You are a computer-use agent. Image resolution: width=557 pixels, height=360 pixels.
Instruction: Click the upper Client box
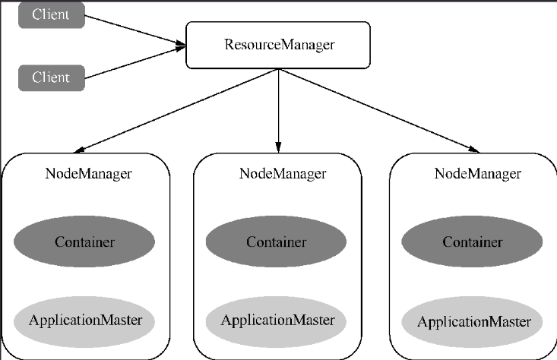(52, 15)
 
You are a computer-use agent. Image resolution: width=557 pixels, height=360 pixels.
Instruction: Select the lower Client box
(52, 77)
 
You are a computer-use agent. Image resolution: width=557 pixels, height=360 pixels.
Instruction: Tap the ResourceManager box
(278, 45)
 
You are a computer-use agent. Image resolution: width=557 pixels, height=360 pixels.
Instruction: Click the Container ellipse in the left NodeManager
(84, 242)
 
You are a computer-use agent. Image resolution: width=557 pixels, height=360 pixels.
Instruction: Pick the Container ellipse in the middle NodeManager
(276, 242)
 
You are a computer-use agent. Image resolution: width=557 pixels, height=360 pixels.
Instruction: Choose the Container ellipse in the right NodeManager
(472, 242)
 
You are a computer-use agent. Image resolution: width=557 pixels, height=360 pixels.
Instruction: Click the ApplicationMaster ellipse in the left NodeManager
(84, 321)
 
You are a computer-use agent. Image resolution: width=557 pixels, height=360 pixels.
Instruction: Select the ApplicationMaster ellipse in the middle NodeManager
(276, 321)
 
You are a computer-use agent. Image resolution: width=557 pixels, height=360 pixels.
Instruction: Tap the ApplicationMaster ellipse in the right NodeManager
(472, 321)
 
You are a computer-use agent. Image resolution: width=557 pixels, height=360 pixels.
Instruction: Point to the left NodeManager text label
(88, 174)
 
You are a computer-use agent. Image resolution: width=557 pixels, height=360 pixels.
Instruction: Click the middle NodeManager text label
(283, 174)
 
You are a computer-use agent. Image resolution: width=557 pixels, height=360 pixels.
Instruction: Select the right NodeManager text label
(478, 174)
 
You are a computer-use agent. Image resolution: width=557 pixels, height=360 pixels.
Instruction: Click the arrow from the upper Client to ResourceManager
(135, 30)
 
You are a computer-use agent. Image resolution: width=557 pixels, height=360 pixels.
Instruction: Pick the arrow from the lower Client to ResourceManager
(135, 62)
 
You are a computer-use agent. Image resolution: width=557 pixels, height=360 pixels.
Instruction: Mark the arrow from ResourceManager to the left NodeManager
(176, 111)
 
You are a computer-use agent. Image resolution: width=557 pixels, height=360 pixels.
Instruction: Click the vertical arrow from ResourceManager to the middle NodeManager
(278, 111)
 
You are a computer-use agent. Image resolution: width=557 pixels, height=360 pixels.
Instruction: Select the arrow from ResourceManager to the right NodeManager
(378, 111)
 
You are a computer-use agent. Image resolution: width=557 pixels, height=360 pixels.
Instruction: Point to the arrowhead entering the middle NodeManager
(278, 147)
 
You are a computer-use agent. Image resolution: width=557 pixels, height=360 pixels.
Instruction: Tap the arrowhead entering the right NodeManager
(474, 150)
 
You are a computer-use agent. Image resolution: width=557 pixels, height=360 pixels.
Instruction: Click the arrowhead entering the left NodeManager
(80, 150)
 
